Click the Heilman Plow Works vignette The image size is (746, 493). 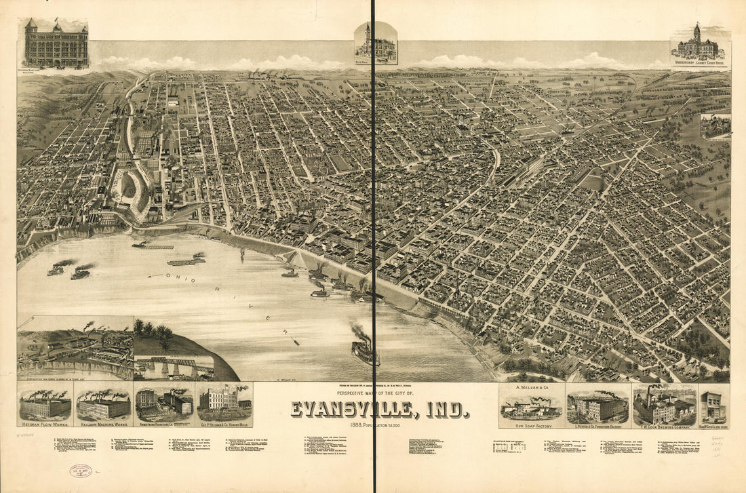45,406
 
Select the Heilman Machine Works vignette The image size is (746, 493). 104,406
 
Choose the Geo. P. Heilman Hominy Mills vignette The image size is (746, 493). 224,404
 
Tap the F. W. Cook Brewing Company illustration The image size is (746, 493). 664,406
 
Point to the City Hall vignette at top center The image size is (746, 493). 376,43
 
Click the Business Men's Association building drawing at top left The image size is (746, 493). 56,44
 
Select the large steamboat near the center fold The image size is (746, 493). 364,349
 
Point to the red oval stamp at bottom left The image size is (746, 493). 81,471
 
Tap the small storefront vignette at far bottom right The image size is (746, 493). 713,406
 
